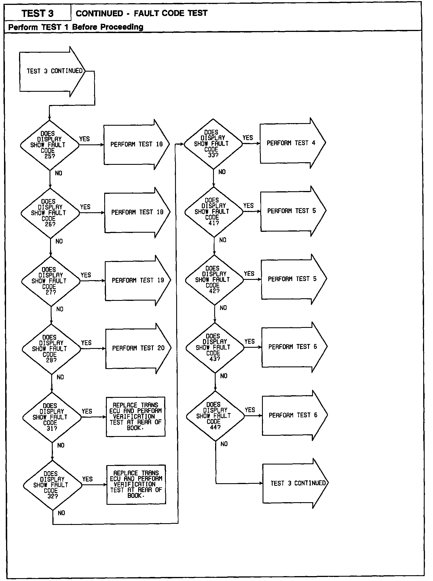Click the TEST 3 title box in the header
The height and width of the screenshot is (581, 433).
37,13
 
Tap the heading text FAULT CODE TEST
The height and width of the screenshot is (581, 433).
170,13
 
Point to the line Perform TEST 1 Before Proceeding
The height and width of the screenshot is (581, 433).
76,27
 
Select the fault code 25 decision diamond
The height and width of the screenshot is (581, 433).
49,145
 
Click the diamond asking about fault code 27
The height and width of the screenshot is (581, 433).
51,281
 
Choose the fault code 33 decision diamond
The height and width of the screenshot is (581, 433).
213,144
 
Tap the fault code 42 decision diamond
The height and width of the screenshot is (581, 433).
214,280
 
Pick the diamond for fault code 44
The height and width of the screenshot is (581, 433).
215,416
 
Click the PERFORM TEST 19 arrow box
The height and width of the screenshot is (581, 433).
138,280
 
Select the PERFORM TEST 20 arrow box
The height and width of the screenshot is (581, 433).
138,348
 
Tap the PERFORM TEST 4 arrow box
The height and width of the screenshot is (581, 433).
291,143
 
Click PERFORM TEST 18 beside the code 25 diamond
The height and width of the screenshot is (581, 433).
136,144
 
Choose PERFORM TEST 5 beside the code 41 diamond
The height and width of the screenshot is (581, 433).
292,211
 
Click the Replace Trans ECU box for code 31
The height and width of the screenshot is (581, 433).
136,416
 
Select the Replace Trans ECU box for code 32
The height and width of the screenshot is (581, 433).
136,484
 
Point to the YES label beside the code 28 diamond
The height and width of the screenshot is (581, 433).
86,343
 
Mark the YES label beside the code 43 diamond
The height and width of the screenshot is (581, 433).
250,341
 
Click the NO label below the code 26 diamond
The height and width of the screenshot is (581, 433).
59,241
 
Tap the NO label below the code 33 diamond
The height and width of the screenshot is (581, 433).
222,172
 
